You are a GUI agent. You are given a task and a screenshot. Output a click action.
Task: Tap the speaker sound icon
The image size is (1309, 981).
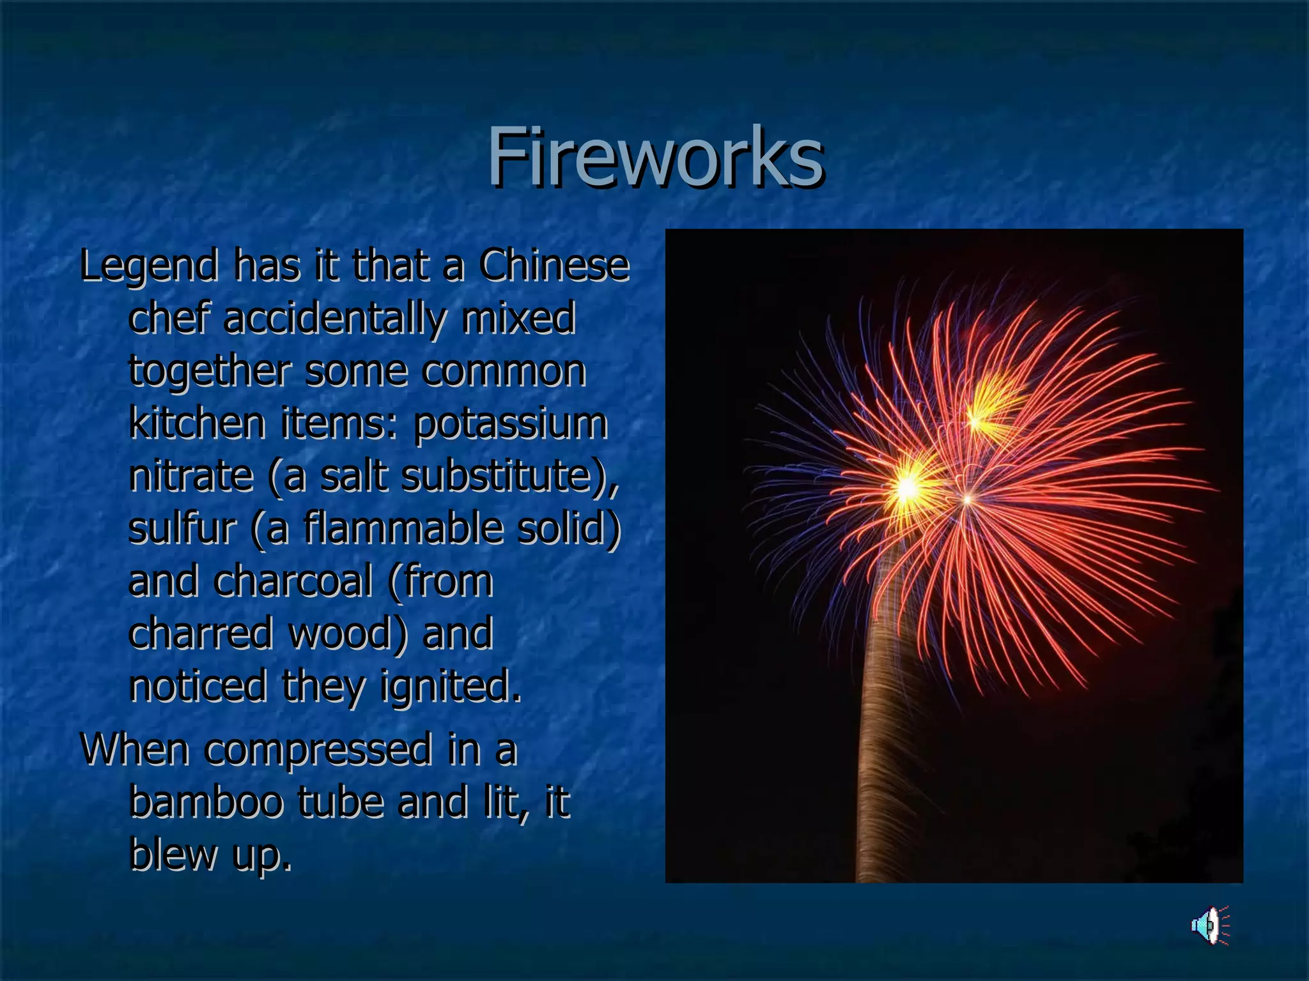pyautogui.click(x=1209, y=925)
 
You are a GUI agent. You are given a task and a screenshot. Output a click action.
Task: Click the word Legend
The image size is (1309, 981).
pyautogui.click(x=148, y=267)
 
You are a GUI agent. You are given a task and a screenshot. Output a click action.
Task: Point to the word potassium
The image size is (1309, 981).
pyautogui.click(x=510, y=424)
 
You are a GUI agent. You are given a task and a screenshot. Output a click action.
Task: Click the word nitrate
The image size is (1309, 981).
pyautogui.click(x=190, y=476)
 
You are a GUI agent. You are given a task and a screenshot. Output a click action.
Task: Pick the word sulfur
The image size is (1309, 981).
pyautogui.click(x=182, y=529)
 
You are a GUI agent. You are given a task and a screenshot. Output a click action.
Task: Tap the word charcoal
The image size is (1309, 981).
pyautogui.click(x=293, y=582)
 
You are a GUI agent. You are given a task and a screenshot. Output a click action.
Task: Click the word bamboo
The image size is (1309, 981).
pyautogui.click(x=206, y=803)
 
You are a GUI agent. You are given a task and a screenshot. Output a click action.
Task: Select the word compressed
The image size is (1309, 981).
pyautogui.click(x=318, y=750)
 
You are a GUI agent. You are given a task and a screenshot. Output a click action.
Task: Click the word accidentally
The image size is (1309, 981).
pyautogui.click(x=333, y=319)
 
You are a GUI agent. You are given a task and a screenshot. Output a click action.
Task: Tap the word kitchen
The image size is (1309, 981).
pyautogui.click(x=197, y=424)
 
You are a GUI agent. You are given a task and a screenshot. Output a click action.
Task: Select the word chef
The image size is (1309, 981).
pyautogui.click(x=169, y=319)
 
